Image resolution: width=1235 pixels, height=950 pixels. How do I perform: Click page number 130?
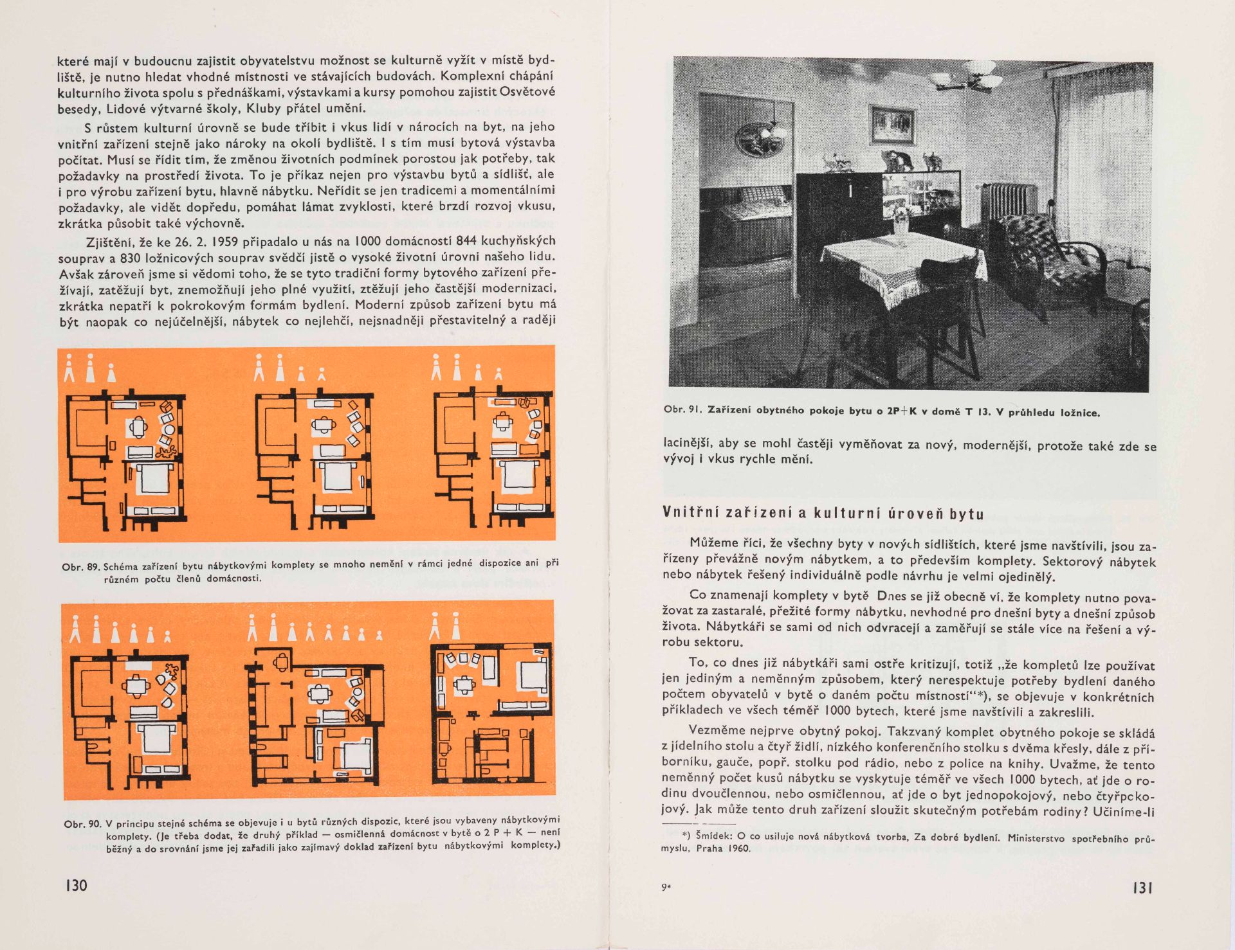click(76, 885)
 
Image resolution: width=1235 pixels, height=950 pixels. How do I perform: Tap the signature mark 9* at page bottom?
click(666, 888)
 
